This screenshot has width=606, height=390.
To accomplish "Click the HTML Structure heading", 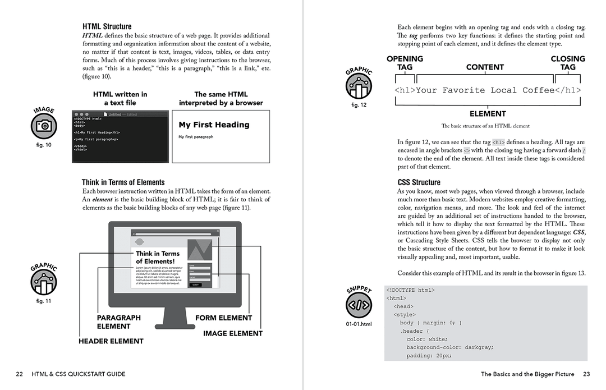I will pyautogui.click(x=107, y=26).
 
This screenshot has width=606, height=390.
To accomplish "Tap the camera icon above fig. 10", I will pyautogui.click(x=43, y=126).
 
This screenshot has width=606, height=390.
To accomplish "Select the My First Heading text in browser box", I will pyautogui.click(x=214, y=125).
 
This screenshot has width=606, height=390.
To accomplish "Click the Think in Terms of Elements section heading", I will pyautogui.click(x=123, y=182).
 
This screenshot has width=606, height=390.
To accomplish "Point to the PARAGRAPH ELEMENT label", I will pyautogui.click(x=118, y=322).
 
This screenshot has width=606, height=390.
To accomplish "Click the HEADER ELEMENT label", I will pyautogui.click(x=111, y=341).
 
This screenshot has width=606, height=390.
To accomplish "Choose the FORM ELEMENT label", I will pyautogui.click(x=223, y=318).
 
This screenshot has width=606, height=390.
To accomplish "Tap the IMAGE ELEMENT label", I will pyautogui.click(x=232, y=333).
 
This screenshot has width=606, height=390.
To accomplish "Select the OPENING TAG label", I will pyautogui.click(x=405, y=63).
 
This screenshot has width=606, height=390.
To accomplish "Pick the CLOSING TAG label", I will pyautogui.click(x=567, y=63).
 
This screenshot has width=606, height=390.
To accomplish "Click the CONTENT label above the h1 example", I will pyautogui.click(x=485, y=67).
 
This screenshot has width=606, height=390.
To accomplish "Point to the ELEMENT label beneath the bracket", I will pyautogui.click(x=488, y=114).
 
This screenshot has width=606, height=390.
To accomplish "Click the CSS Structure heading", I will pyautogui.click(x=419, y=182).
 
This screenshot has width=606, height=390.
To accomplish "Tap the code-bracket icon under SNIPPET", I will pyautogui.click(x=359, y=305).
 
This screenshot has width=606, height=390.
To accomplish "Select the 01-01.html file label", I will pyautogui.click(x=359, y=324).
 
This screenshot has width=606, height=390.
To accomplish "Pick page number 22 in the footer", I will pyautogui.click(x=19, y=374).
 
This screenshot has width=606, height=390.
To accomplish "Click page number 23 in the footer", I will pyautogui.click(x=586, y=374).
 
